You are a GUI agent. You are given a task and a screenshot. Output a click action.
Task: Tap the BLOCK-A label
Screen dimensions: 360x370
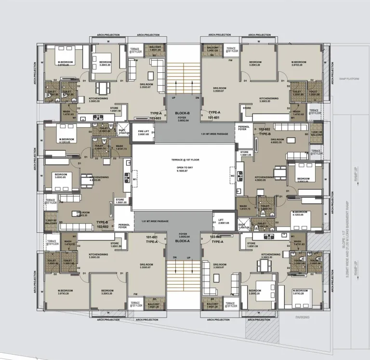point(183,240)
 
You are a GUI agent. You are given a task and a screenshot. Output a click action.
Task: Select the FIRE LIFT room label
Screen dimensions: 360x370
point(143,131)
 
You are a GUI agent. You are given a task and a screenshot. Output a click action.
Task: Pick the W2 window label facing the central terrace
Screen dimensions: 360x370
point(233,176)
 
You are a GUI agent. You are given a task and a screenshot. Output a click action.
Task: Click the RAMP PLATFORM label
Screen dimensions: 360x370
point(343,79)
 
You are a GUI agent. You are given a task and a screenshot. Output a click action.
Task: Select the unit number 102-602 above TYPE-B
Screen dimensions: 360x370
point(264,129)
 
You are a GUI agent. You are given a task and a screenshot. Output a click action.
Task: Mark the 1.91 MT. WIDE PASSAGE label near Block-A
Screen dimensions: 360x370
point(155,221)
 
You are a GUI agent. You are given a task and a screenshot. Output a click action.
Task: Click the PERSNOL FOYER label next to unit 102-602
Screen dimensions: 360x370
point(242,128)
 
